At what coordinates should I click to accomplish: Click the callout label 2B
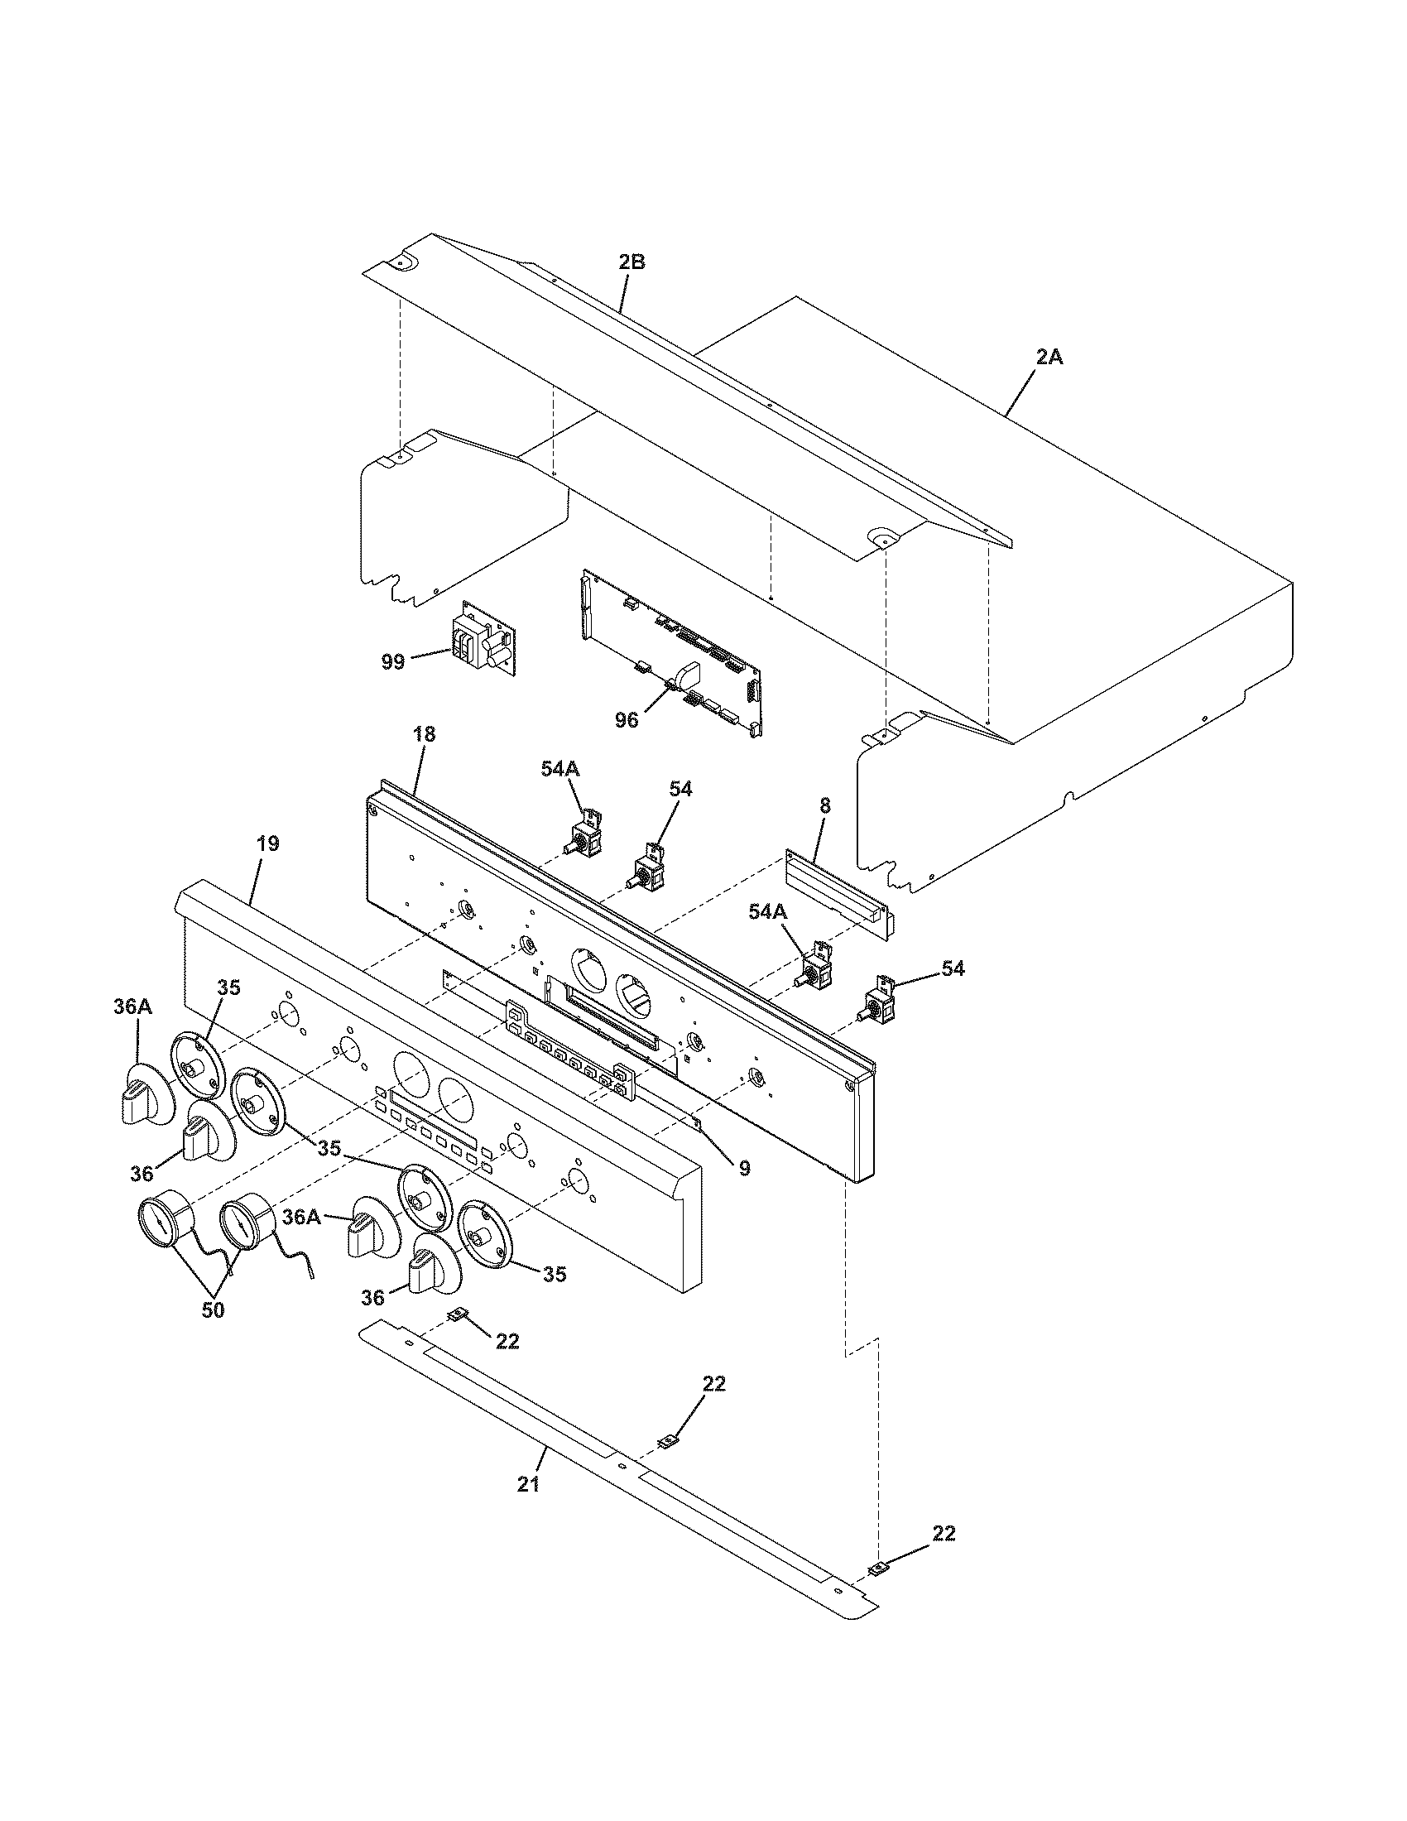631,262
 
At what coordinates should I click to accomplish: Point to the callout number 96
626,719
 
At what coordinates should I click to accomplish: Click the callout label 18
424,734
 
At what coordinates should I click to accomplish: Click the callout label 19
267,843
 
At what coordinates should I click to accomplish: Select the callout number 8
824,805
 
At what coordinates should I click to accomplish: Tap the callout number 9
744,1169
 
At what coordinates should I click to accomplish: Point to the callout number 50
213,1310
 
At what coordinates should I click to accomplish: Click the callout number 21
528,1484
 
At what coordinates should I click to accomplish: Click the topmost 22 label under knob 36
507,1341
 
